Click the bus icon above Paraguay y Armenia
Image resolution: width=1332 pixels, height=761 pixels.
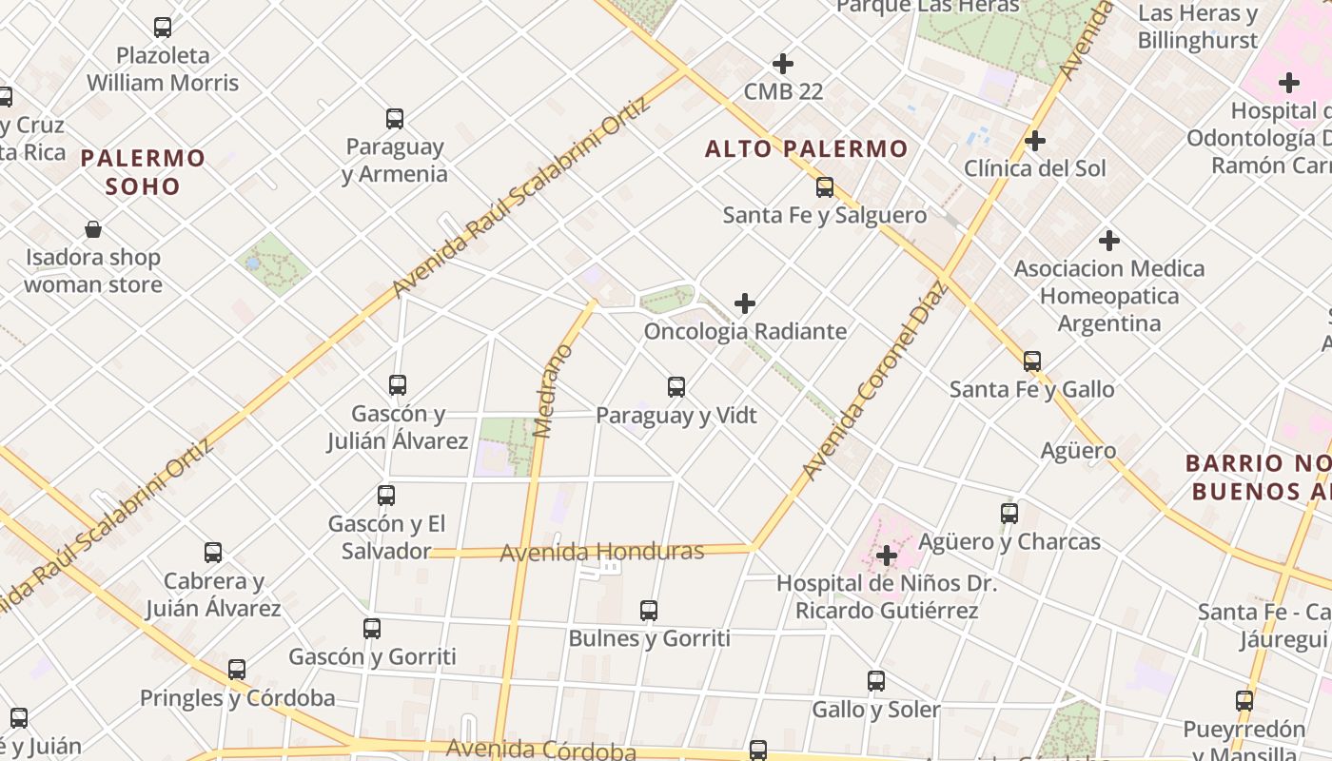tap(395, 119)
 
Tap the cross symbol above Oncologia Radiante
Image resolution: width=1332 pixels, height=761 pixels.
tap(745, 303)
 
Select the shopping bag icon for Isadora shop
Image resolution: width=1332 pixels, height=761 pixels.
tap(93, 229)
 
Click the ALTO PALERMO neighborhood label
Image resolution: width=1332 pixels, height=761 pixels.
tap(807, 149)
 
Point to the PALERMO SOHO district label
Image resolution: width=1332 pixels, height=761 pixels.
tap(143, 171)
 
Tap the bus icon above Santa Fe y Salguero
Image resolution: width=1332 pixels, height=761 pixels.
tap(825, 187)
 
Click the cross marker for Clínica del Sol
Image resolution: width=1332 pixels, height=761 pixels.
tap(1035, 142)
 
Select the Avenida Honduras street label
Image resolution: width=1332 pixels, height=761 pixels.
tap(601, 552)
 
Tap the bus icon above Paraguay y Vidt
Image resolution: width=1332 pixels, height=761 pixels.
tap(676, 387)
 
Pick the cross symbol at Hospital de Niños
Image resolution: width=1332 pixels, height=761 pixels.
tap(887, 555)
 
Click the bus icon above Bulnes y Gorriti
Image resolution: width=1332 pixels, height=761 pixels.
tap(649, 611)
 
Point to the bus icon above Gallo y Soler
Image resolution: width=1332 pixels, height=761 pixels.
tap(876, 681)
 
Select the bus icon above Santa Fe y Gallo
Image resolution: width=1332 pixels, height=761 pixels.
tap(1032, 361)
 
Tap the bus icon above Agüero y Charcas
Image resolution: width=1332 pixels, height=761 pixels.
tap(1009, 514)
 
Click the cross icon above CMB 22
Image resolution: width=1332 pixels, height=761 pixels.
tap(783, 64)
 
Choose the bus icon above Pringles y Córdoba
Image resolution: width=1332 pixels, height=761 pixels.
tap(237, 670)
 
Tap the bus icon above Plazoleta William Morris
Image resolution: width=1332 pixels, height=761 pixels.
tap(163, 28)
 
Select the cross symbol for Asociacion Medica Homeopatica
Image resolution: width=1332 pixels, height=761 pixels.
tap(1108, 241)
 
